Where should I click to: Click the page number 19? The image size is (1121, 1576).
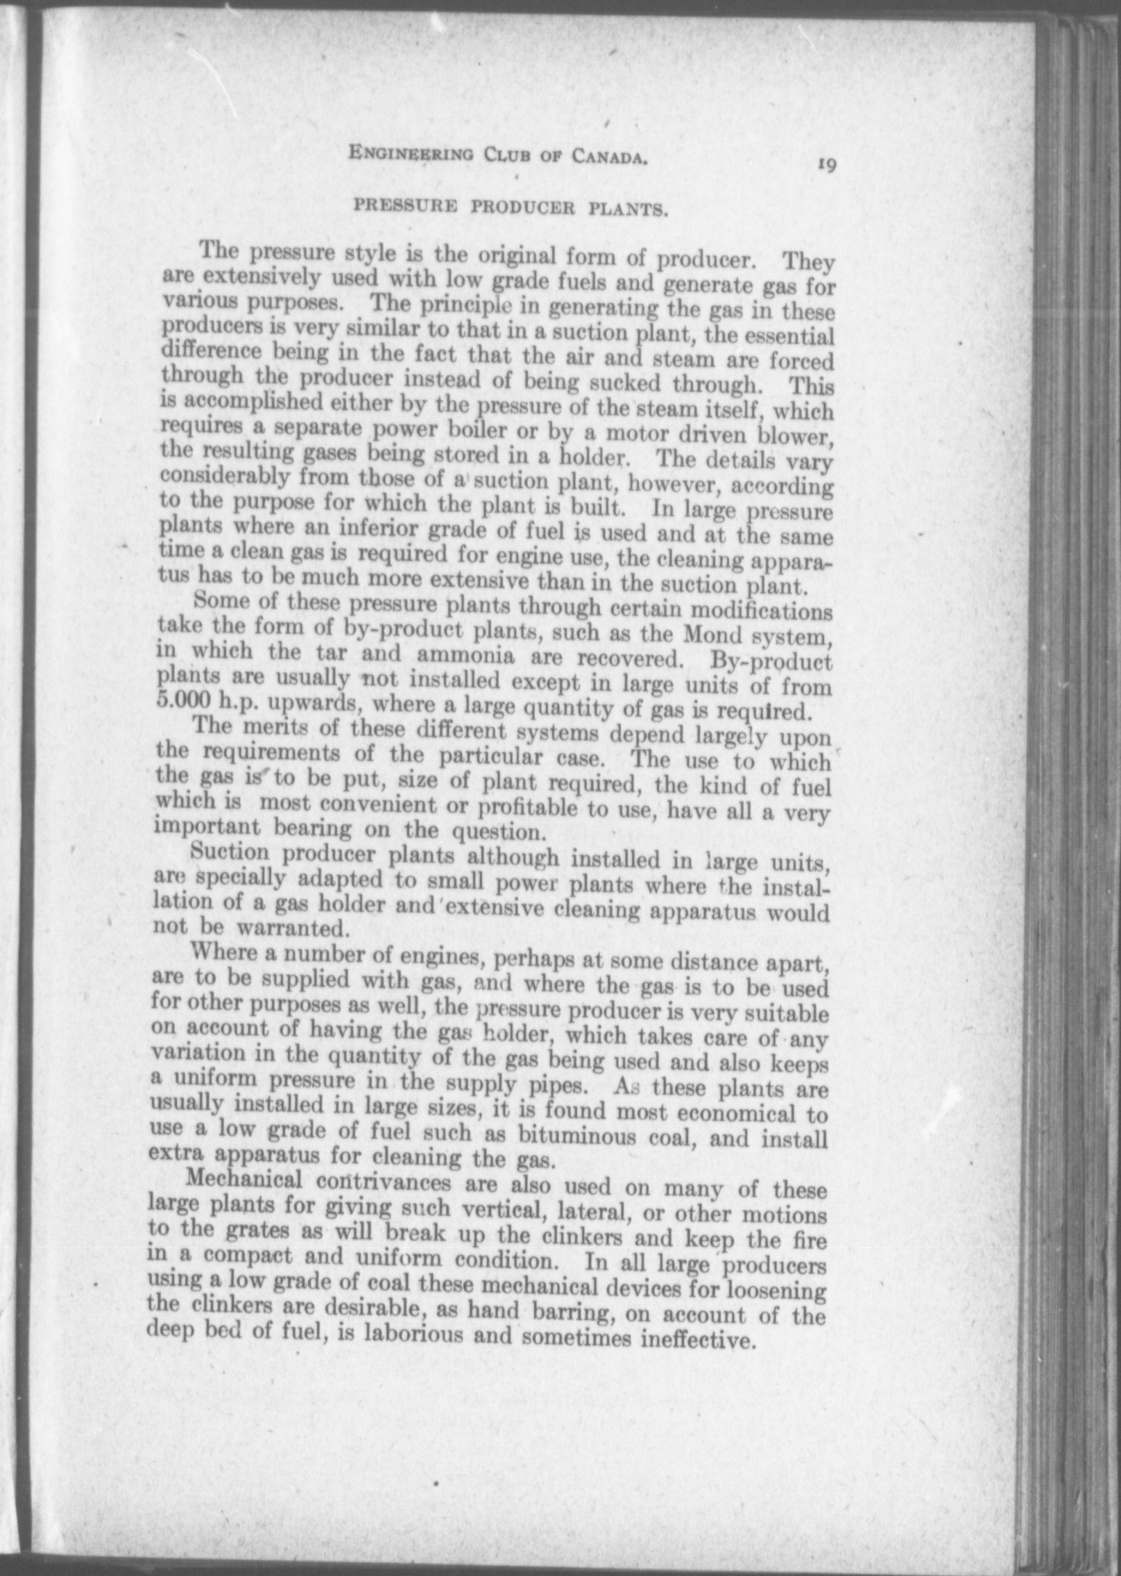[x=827, y=165]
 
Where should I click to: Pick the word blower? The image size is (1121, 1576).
[x=796, y=437]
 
